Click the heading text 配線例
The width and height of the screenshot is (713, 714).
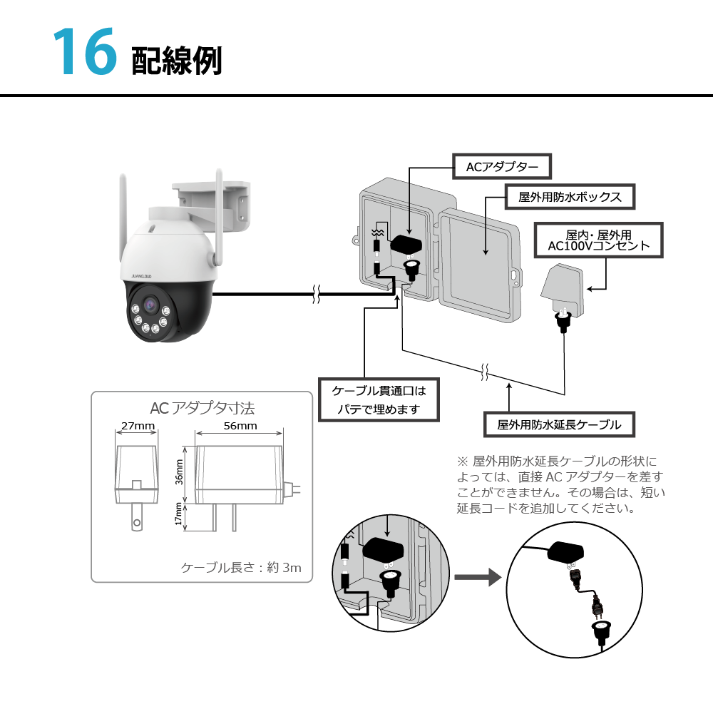pyautogui.click(x=176, y=61)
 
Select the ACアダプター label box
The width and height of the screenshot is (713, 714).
pyautogui.click(x=502, y=167)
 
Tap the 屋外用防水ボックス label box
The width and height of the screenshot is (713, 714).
pyautogui.click(x=570, y=197)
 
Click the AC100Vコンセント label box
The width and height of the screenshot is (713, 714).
pyautogui.click(x=598, y=240)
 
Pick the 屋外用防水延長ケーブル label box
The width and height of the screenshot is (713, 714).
pyautogui.click(x=559, y=424)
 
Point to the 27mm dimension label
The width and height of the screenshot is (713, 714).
pyautogui.click(x=138, y=426)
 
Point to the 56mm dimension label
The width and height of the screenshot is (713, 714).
pyautogui.click(x=240, y=426)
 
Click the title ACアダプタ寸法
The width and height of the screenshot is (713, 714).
pyautogui.click(x=202, y=408)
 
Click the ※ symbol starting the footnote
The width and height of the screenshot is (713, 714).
pyautogui.click(x=461, y=461)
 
